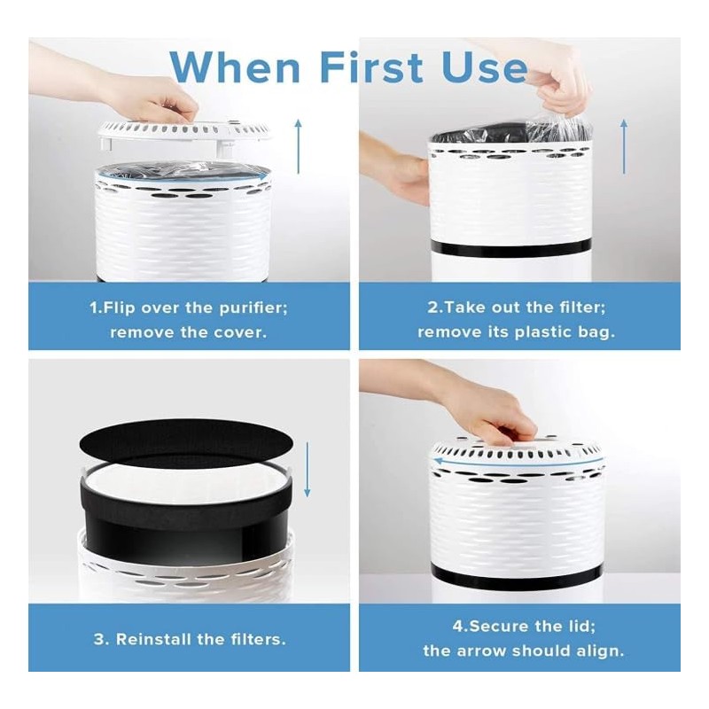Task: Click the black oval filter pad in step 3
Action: click(185, 441)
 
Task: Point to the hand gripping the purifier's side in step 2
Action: click(409, 177)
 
